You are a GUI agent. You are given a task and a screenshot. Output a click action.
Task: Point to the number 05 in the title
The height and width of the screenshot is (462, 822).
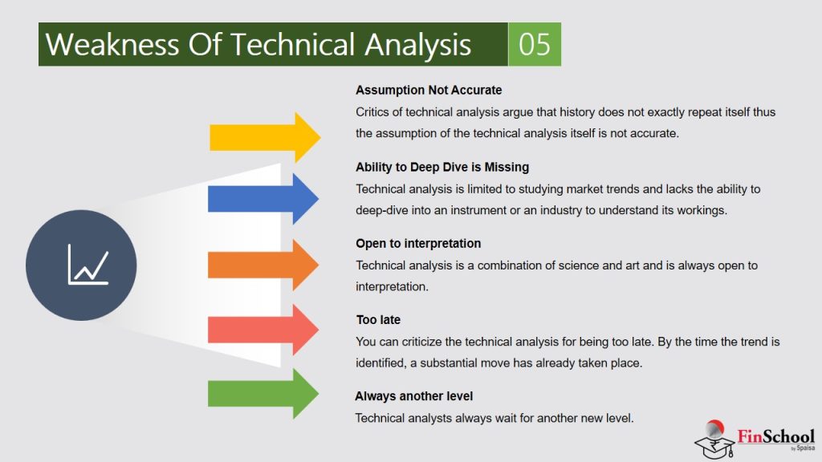click(x=535, y=44)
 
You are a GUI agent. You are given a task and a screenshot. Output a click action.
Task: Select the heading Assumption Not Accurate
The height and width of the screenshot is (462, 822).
click(x=429, y=90)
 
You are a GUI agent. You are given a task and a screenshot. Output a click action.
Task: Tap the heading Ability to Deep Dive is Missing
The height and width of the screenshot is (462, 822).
click(x=442, y=167)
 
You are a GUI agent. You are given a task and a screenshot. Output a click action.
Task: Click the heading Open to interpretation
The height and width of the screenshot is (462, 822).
click(x=418, y=243)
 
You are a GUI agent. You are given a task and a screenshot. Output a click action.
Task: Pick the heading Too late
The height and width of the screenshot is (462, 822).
click(x=378, y=320)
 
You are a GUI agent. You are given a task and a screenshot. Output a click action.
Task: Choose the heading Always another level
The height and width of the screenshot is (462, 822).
click(x=414, y=396)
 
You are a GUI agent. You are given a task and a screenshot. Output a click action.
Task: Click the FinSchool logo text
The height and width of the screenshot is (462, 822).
click(x=775, y=436)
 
